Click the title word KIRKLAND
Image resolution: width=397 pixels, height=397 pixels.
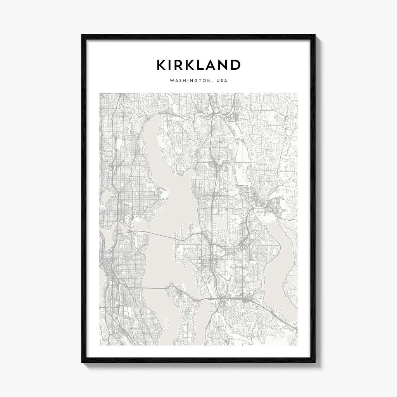coord(198,65)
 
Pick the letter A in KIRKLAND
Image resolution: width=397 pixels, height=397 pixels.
coord(213,65)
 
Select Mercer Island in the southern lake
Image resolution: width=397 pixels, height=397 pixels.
coord(182,310)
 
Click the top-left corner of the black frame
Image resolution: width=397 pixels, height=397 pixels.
coord(82,35)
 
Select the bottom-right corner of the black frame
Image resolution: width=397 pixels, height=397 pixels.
coord(314,362)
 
